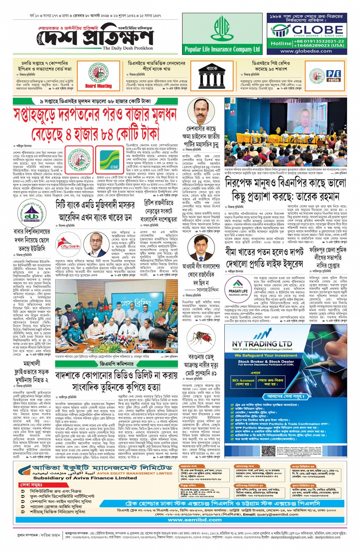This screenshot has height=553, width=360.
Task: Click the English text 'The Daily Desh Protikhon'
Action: pyautogui.click(x=128, y=48)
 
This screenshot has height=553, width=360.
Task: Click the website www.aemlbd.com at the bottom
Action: pyautogui.click(x=195, y=519)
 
